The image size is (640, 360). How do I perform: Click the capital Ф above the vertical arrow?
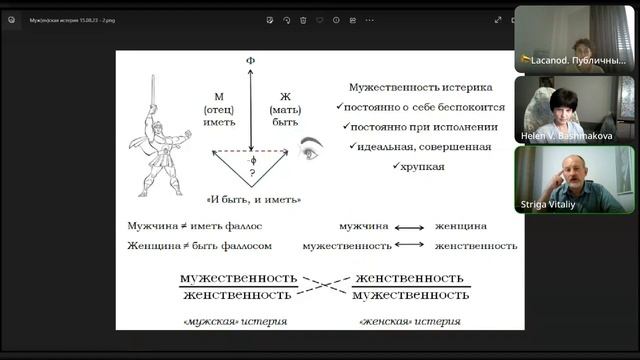250,62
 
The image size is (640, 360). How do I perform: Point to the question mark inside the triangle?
250,172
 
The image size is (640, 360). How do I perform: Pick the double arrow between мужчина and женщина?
408,227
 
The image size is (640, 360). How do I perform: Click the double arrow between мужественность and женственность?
408,245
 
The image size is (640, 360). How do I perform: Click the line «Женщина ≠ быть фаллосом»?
186,245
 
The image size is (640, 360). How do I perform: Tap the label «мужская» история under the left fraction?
235,322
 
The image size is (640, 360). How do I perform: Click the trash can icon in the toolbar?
303,19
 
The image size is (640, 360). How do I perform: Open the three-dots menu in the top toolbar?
369,19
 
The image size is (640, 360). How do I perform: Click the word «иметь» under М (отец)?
218,122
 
